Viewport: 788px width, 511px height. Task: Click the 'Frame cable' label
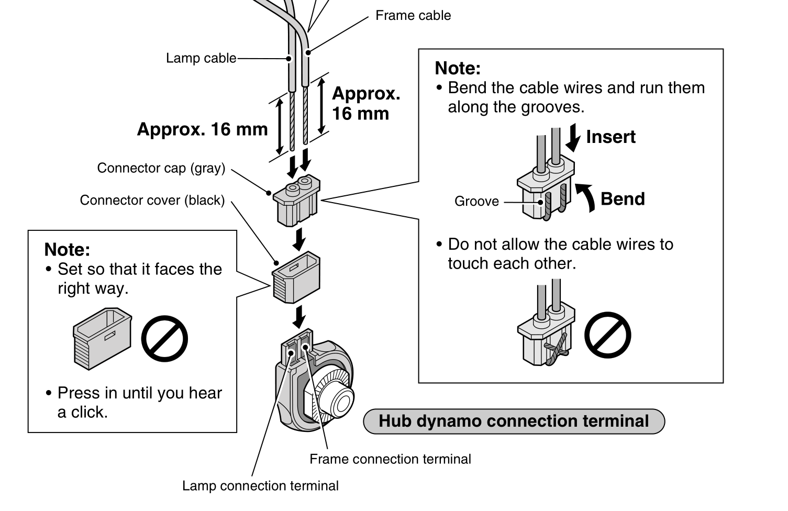(413, 16)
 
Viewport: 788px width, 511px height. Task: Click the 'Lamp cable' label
(201, 58)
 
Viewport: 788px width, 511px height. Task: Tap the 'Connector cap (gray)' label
(161, 168)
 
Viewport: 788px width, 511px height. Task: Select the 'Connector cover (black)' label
(152, 201)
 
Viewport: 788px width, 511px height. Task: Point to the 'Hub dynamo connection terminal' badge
(514, 421)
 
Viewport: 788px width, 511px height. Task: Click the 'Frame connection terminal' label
(390, 459)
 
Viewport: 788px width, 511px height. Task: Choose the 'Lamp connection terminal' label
(260, 486)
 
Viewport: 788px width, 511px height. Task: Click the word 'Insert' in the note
(611, 137)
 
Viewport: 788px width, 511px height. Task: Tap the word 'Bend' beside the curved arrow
(623, 199)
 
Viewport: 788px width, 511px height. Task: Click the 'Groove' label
(476, 202)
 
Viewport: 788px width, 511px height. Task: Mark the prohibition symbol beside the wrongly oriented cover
(164, 338)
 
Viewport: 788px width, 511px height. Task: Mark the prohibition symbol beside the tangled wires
(607, 335)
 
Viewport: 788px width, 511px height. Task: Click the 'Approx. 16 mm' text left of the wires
(202, 129)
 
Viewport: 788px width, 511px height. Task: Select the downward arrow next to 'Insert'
(574, 137)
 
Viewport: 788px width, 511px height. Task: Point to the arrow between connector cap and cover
(299, 239)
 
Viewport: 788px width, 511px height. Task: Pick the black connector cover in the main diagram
(296, 277)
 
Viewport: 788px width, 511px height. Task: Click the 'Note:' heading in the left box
(67, 249)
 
